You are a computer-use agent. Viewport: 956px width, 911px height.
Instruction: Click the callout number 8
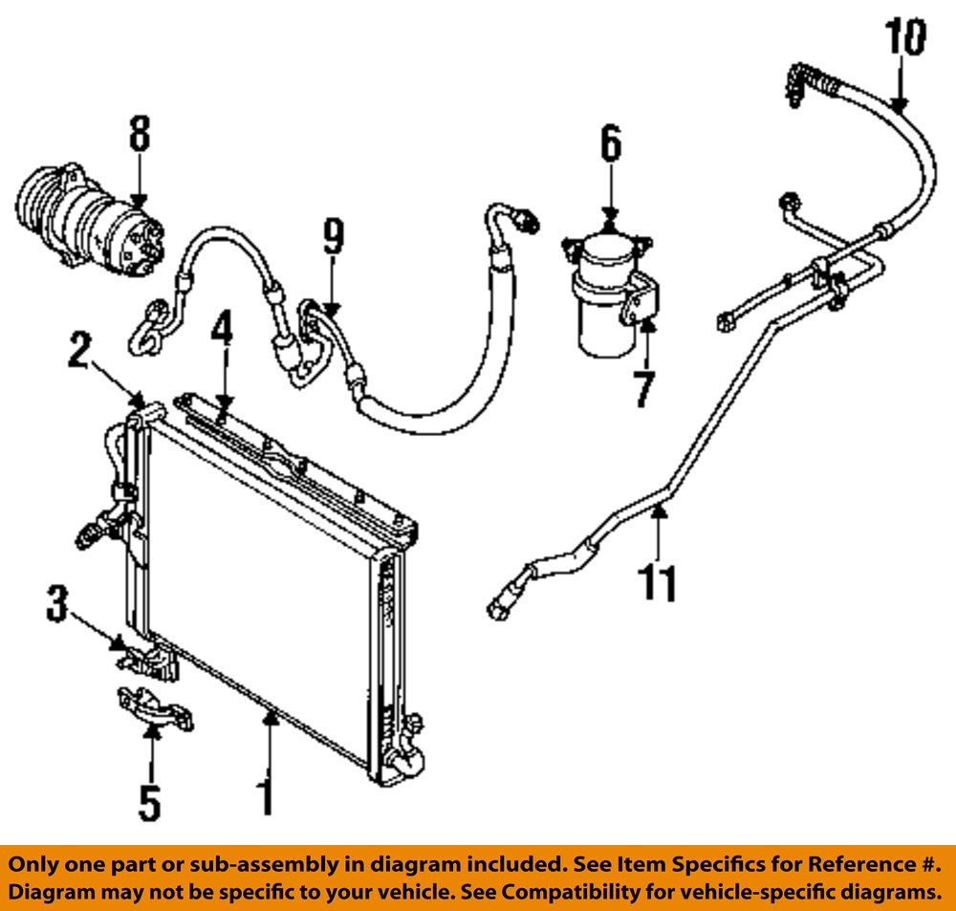pyautogui.click(x=140, y=135)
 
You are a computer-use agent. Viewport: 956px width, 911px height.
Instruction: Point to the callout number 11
pyautogui.click(x=660, y=582)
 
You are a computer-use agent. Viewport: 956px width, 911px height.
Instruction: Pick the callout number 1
pyautogui.click(x=269, y=794)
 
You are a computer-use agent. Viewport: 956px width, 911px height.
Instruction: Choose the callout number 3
pyautogui.click(x=58, y=605)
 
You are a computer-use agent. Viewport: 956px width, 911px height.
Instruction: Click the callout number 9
pyautogui.click(x=332, y=237)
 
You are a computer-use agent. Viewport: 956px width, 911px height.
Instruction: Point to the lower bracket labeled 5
pyautogui.click(x=153, y=708)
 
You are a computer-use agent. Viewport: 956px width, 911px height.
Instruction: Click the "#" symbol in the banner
pyautogui.click(x=925, y=865)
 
